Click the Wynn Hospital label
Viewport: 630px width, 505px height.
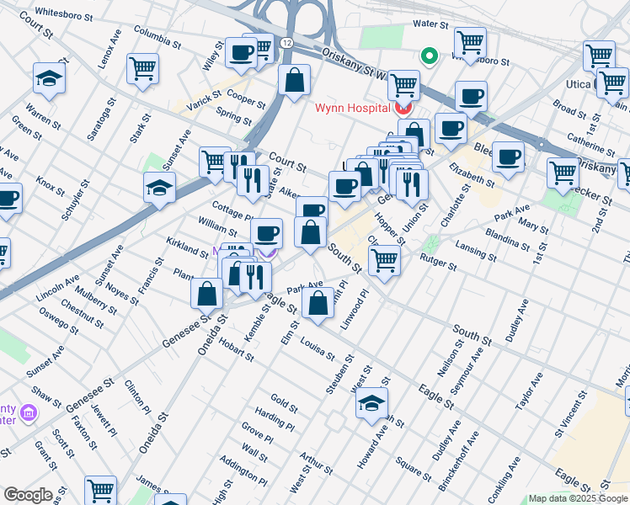352,108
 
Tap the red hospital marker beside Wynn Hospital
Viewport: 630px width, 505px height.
403,108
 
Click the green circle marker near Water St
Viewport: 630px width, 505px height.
429,57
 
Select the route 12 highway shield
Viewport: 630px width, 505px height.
288,42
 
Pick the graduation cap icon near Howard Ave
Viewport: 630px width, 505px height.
371,403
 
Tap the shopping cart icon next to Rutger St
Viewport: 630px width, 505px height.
385,259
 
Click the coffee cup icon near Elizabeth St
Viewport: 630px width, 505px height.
508,157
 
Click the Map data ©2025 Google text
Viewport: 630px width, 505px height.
578,498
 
